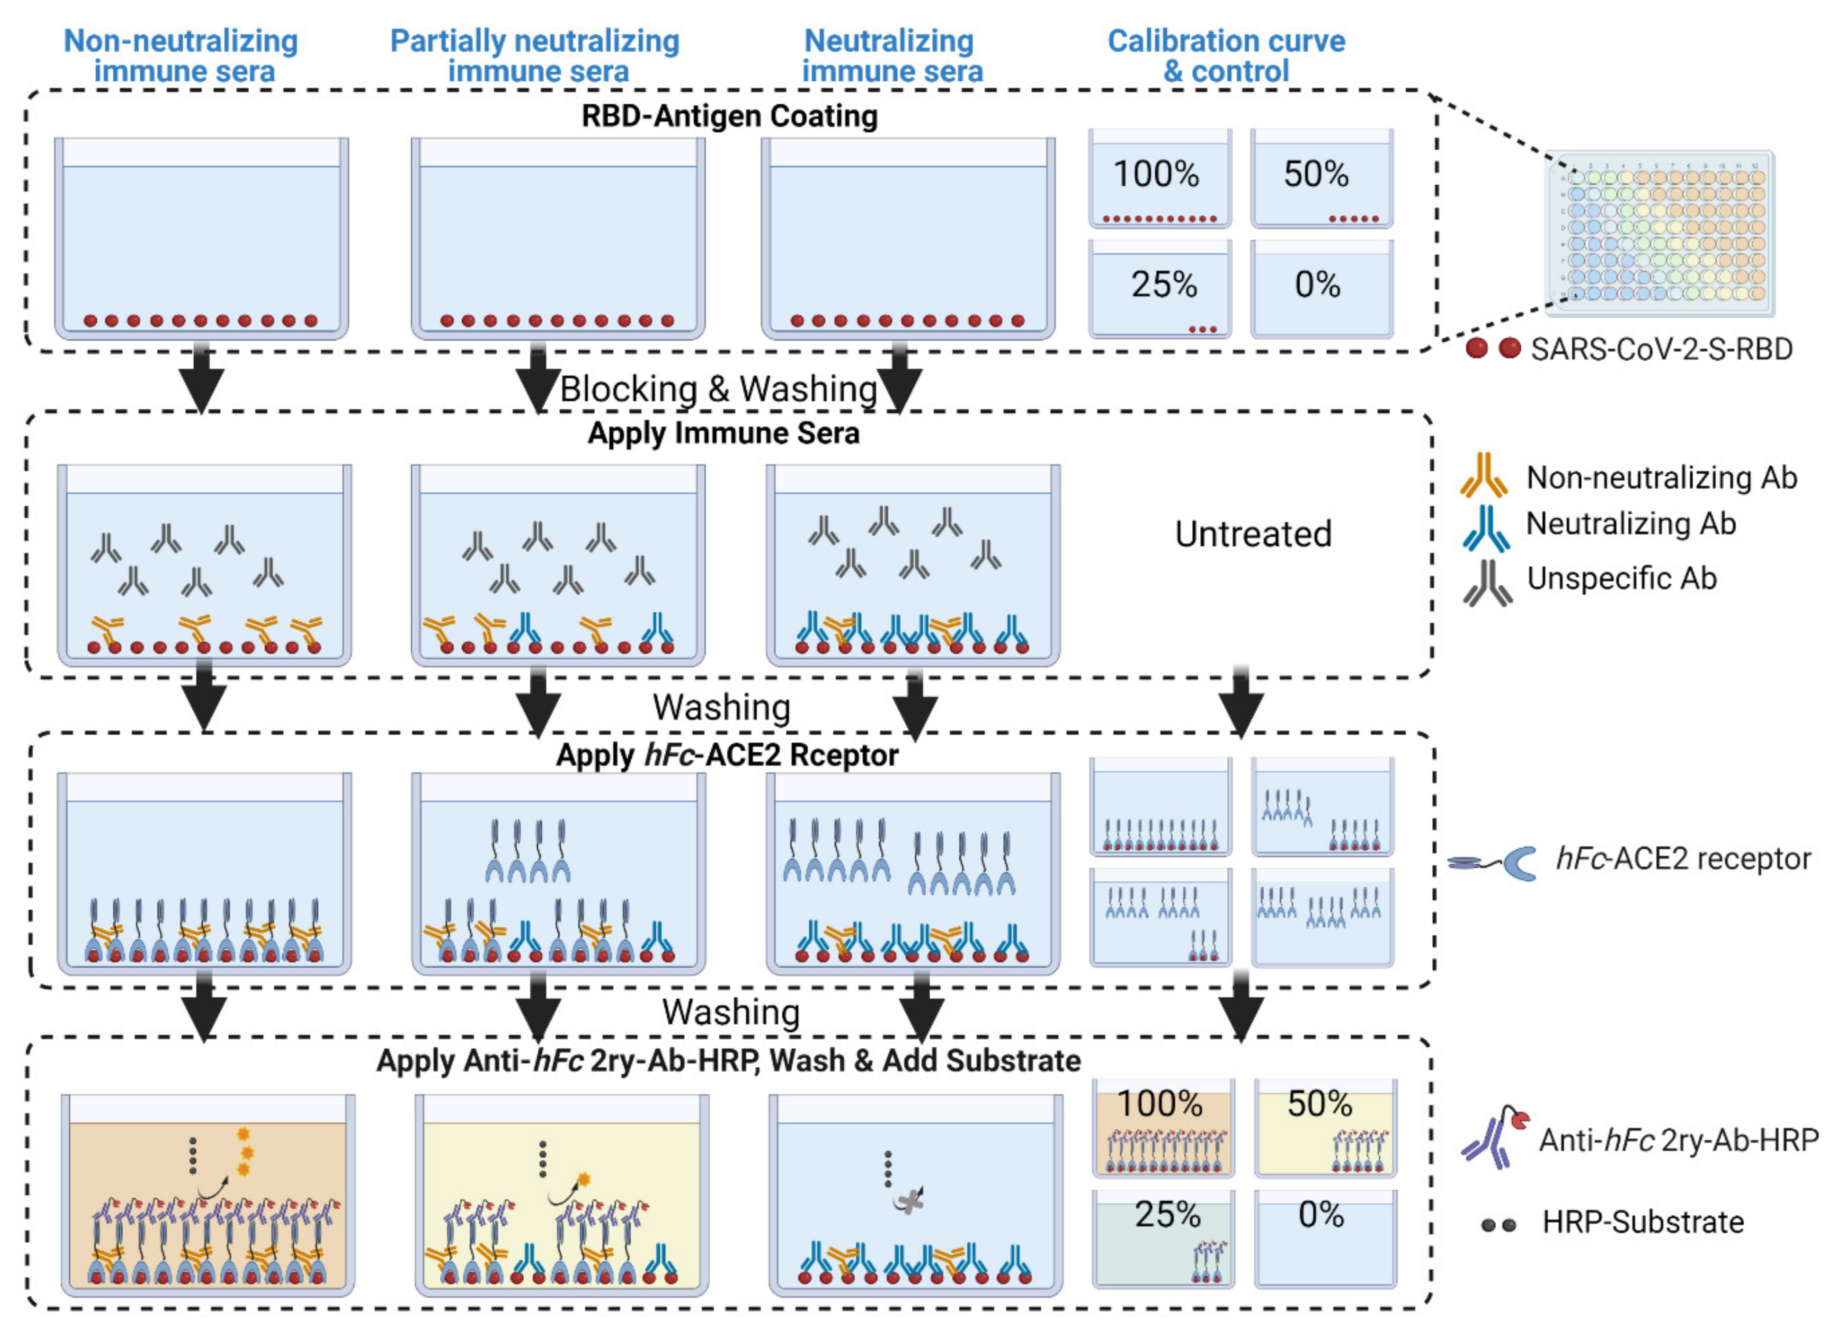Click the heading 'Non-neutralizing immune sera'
coord(181,55)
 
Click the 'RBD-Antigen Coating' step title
coord(729,116)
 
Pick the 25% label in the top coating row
coord(1163,284)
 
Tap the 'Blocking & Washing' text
coord(719,389)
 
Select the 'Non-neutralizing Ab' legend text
coord(1661,478)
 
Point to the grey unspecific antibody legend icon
coord(1487,583)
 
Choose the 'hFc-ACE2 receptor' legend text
coord(1683,859)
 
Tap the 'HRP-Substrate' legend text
coord(1642,1222)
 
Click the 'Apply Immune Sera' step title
coord(723,433)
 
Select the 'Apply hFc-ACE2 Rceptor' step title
coord(727,755)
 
